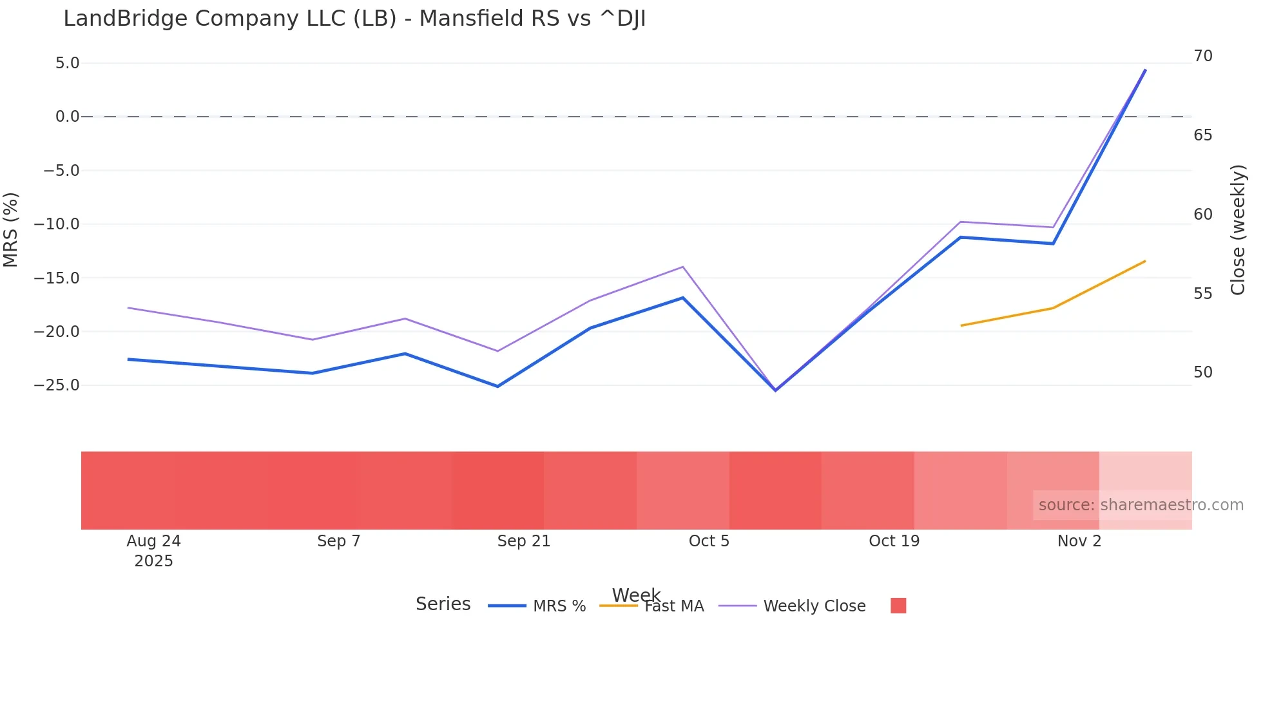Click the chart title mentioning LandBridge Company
[x=354, y=19]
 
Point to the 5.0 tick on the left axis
[x=67, y=63]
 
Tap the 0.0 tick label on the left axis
[x=67, y=117]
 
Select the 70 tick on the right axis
[x=1202, y=56]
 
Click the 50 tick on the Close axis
[x=1202, y=372]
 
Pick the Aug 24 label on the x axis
[x=153, y=541]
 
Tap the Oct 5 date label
[x=709, y=541]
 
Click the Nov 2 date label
[x=1079, y=541]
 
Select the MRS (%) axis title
[x=10, y=230]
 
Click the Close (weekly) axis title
[x=1238, y=230]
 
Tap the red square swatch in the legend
[x=898, y=606]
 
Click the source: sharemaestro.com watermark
[x=1141, y=505]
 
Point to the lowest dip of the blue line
[x=775, y=390]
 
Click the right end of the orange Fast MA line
[x=1145, y=261]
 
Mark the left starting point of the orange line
[x=961, y=325]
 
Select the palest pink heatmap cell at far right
[x=1146, y=477]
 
